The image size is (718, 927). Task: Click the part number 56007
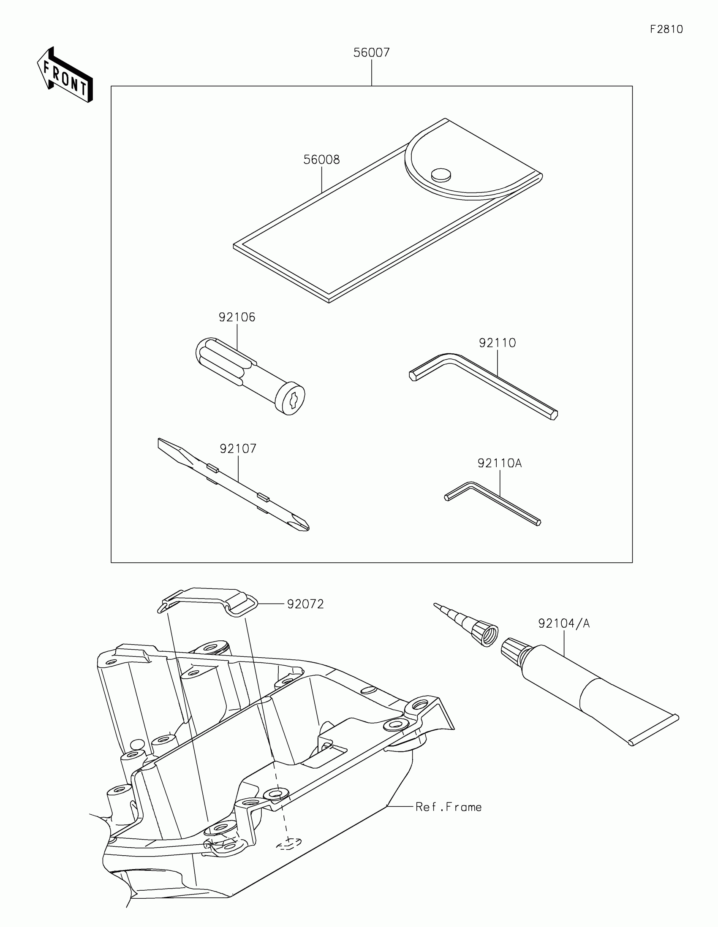372,53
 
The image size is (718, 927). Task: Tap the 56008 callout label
321,160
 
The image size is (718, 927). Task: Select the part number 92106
237,317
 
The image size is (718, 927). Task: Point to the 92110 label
497,342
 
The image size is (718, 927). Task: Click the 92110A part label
500,463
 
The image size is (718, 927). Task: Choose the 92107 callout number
238,449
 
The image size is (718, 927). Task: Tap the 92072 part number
305,604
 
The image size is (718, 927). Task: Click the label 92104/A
564,623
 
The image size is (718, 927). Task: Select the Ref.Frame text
449,807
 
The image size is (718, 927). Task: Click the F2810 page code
666,29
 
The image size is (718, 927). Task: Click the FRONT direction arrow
65,76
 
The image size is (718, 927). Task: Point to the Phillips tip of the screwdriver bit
303,525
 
